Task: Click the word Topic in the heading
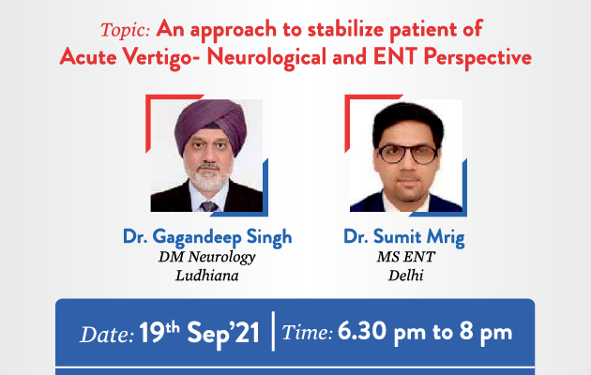coord(125,30)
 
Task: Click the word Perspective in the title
coord(477,58)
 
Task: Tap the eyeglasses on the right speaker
coord(407,154)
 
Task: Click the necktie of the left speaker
coord(208,206)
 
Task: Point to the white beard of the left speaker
coord(207,178)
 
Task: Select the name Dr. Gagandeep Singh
coord(207,237)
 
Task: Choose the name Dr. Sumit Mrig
coord(404,237)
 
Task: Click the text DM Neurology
coord(207,258)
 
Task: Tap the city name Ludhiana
coord(207,276)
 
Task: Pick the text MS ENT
coord(406,257)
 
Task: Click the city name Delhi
coord(406,276)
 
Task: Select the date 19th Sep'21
coord(200,332)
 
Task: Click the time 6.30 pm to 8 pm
coord(425,332)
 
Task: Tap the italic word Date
coord(107,335)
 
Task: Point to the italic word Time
coord(307,333)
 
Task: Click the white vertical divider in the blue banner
coord(273,331)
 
